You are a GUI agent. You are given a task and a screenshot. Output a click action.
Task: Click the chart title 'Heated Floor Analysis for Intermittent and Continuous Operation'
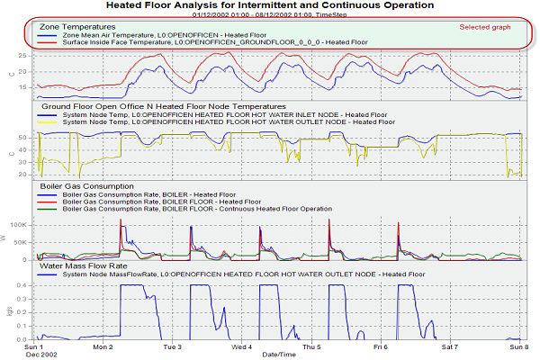[269, 5]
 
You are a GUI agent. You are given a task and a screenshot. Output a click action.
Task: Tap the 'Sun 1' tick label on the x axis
[33, 346]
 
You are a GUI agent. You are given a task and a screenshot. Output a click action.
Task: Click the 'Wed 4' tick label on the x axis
[242, 346]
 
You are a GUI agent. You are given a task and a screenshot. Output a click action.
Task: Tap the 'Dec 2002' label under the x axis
[38, 354]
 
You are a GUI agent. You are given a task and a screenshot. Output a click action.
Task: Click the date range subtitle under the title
[269, 15]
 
